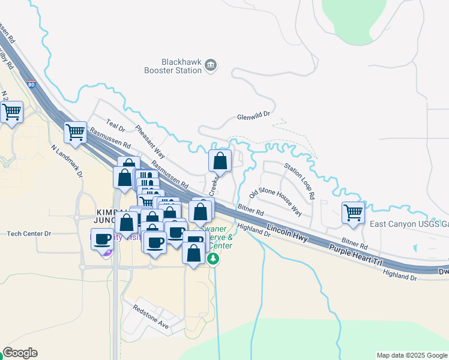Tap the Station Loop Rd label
point(300,182)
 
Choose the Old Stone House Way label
point(276,202)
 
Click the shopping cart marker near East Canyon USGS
point(353,212)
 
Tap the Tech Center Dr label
point(29,233)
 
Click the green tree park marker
point(213,259)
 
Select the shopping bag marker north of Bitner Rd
point(220,161)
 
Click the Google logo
point(20,353)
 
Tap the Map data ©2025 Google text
point(411,355)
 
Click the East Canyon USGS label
point(409,224)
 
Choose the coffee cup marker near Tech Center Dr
point(102,239)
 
